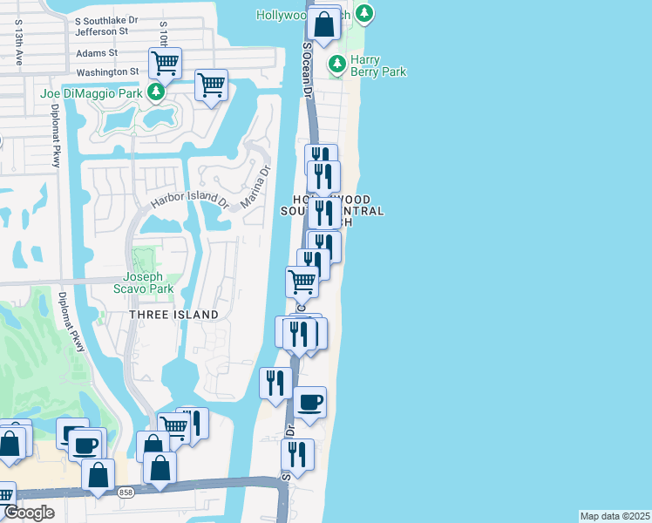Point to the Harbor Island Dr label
pos(188,200)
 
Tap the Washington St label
pos(108,71)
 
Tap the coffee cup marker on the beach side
pos(309,403)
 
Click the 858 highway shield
pos(126,491)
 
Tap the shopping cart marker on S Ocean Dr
pos(302,282)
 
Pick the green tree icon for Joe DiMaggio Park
pos(155,92)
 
